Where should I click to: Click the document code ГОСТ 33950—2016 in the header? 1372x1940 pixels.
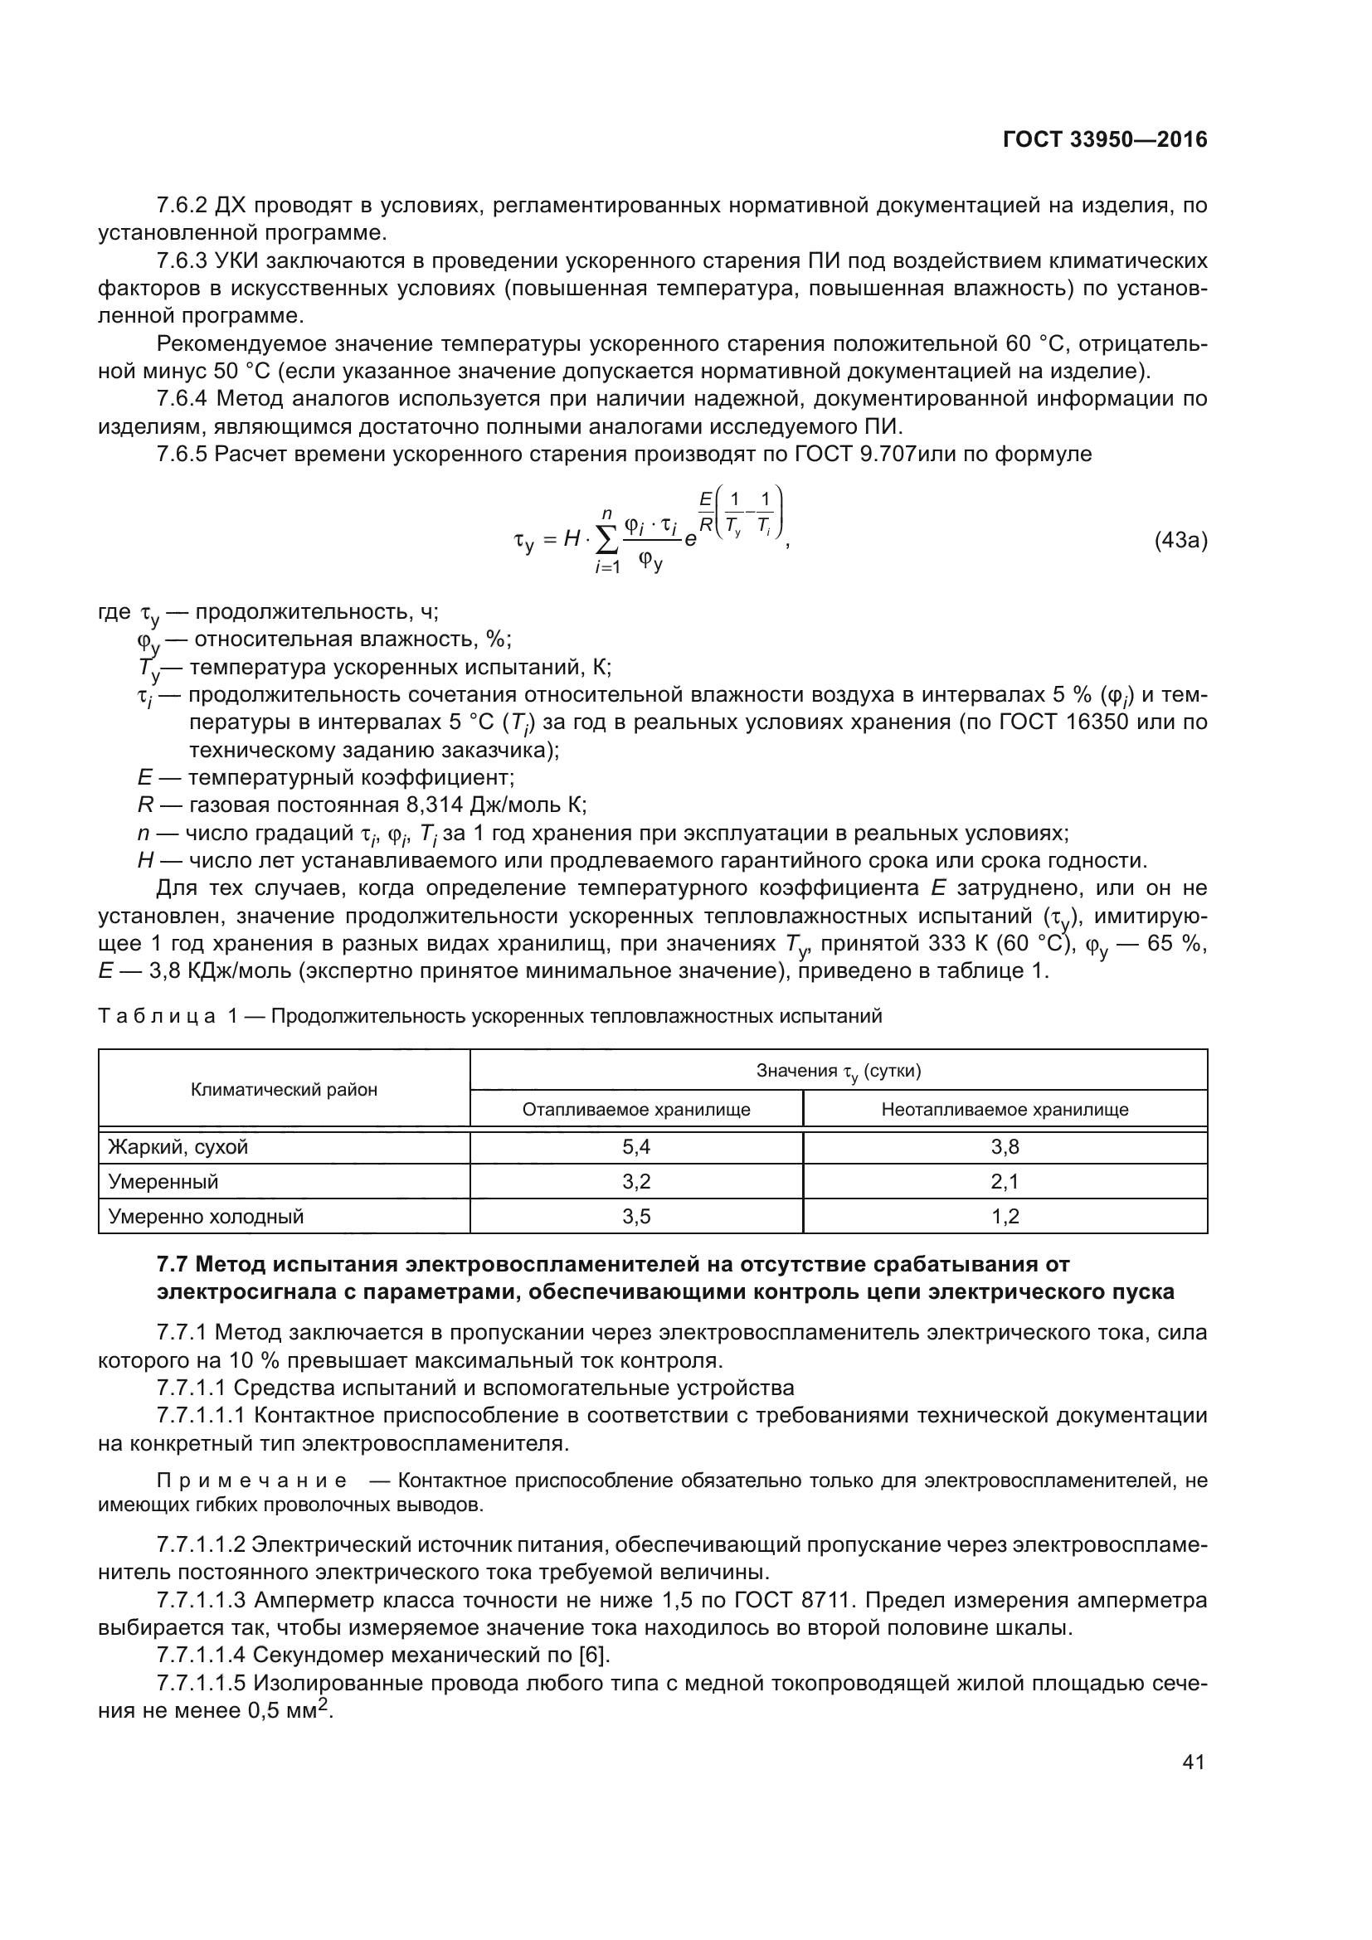(x=1104, y=139)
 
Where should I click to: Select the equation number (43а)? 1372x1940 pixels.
(x=1180, y=541)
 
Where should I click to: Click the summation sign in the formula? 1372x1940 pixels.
(x=607, y=539)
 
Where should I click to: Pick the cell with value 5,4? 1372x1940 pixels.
(x=635, y=1146)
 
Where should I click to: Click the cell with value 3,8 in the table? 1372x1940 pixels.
(x=1005, y=1146)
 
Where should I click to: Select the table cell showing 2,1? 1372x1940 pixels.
(x=1005, y=1181)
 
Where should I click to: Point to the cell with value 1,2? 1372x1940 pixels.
(x=1005, y=1216)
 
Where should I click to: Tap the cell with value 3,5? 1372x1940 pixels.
(x=635, y=1216)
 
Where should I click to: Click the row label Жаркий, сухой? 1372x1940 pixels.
(x=178, y=1146)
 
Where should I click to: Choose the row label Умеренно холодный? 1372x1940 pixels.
(x=205, y=1216)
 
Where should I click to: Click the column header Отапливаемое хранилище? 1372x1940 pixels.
(x=635, y=1110)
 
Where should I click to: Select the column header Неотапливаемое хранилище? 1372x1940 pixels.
(x=1005, y=1110)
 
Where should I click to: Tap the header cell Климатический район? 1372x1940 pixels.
(x=284, y=1089)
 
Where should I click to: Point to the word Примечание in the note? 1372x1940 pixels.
(x=252, y=1481)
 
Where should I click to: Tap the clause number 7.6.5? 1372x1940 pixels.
(x=182, y=455)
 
